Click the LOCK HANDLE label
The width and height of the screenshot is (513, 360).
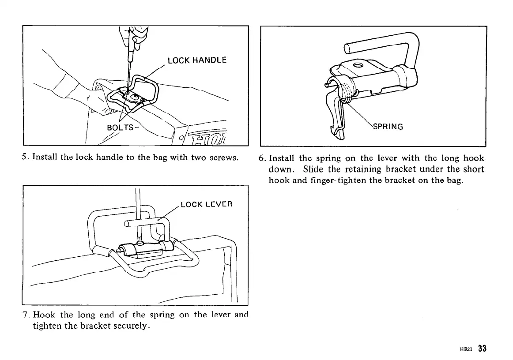[x=197, y=60]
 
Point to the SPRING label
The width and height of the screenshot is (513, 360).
[x=388, y=127]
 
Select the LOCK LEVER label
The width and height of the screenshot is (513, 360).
[x=206, y=205]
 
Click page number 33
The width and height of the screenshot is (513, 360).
[x=482, y=348]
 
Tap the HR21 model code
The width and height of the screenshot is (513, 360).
[x=467, y=349]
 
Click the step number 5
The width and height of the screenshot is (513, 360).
[x=24, y=157]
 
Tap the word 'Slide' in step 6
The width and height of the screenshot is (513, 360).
[x=313, y=169]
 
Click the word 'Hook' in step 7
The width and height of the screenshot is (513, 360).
[x=45, y=315]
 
